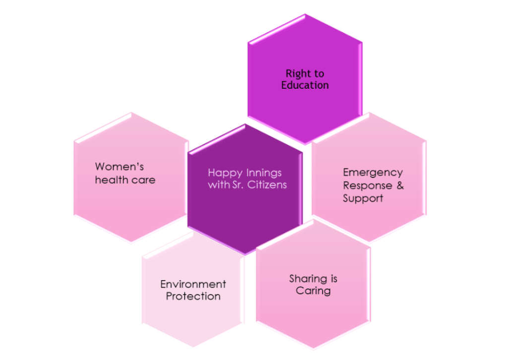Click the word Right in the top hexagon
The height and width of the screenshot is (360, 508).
(296, 74)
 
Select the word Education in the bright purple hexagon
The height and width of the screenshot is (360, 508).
(305, 85)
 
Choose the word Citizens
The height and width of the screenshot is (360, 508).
(268, 185)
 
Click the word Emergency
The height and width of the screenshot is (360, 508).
(373, 173)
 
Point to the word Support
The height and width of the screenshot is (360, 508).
(363, 198)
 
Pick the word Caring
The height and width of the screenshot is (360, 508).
(313, 291)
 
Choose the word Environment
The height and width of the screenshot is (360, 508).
(193, 284)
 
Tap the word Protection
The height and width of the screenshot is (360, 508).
(193, 297)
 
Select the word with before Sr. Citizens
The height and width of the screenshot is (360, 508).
(218, 185)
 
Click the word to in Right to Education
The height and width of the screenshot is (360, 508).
(318, 74)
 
